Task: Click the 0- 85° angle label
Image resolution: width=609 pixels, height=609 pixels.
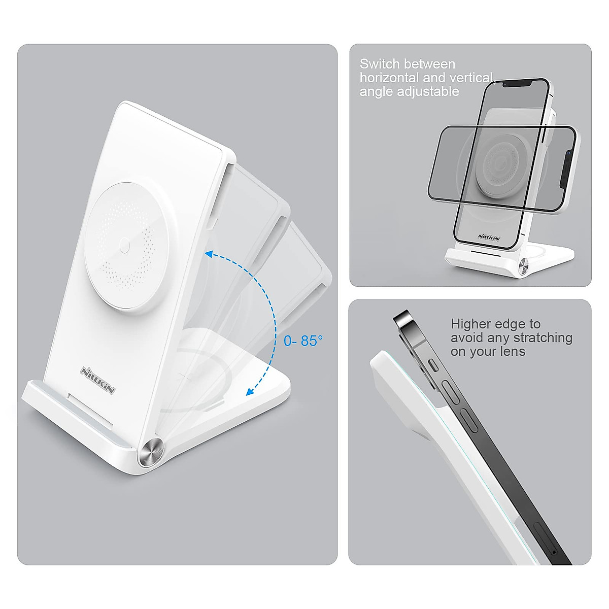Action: [x=303, y=341]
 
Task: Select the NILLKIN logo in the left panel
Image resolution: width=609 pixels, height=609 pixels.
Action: [x=97, y=380]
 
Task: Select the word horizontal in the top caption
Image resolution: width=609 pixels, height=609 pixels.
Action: [x=389, y=78]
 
